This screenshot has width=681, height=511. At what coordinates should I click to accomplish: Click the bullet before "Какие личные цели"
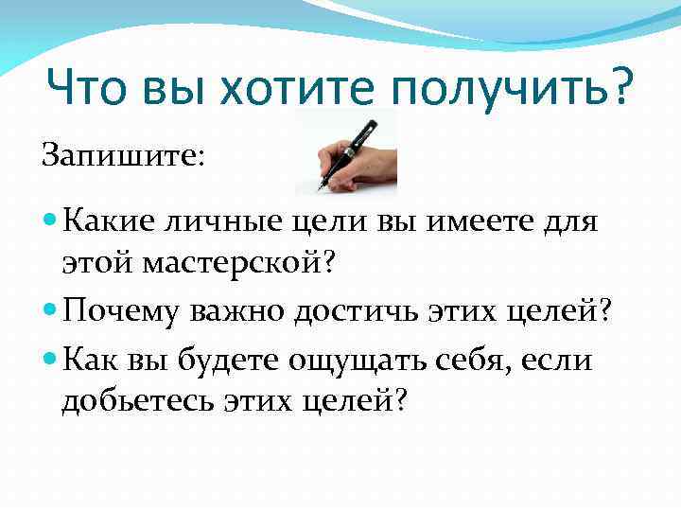[50, 223]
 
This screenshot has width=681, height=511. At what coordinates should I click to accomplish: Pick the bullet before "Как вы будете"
[50, 359]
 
